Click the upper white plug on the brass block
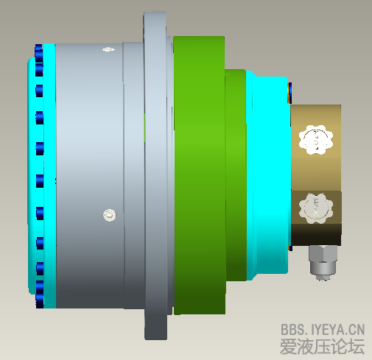click(316, 141)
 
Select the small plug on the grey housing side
click(110, 215)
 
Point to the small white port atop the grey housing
click(108, 49)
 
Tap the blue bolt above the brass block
click(291, 91)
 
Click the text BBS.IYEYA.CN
click(323, 329)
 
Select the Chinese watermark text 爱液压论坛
click(323, 346)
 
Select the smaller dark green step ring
click(236, 177)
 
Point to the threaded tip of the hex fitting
click(322, 278)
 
